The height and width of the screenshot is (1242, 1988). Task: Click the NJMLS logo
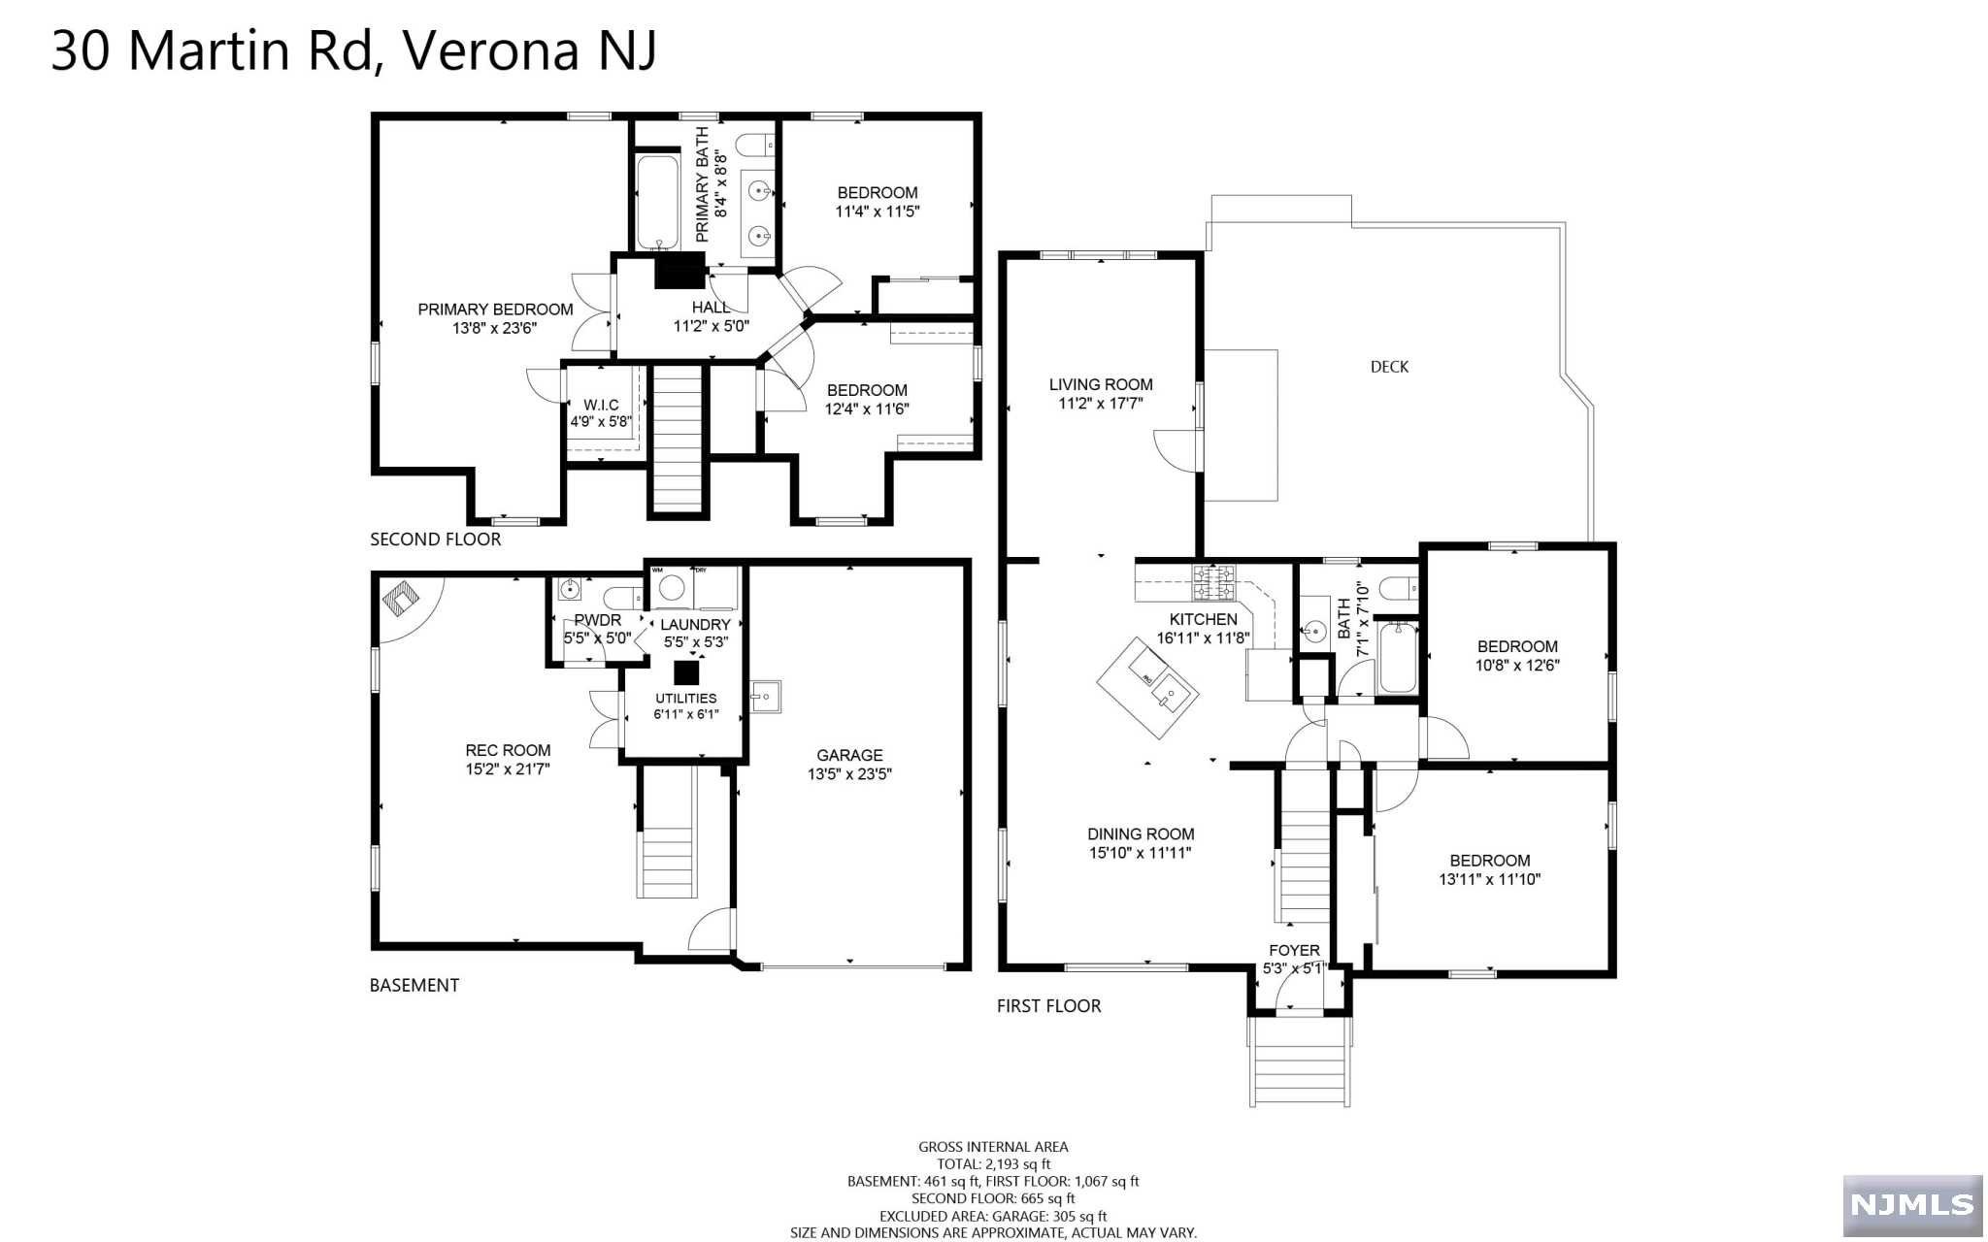click(x=1912, y=1205)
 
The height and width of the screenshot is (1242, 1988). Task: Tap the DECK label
click(x=1389, y=367)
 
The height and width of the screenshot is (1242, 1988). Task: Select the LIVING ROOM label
click(x=1101, y=384)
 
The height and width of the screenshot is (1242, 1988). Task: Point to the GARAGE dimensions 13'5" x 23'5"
click(x=849, y=774)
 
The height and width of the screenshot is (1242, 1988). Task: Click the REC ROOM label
click(x=508, y=750)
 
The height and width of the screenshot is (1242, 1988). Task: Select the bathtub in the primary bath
click(x=659, y=201)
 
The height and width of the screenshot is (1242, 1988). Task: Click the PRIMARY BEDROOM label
click(x=495, y=310)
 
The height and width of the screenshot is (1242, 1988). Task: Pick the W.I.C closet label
click(x=601, y=405)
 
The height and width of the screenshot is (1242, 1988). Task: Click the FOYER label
click(x=1294, y=951)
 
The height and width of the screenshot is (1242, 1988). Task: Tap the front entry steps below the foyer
click(x=1300, y=1062)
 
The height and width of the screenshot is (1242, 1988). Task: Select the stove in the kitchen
click(x=1214, y=581)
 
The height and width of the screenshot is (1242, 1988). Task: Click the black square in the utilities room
click(x=686, y=671)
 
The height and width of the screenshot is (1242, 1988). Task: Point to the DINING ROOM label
click(x=1141, y=833)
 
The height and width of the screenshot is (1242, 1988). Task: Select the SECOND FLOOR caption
click(x=436, y=539)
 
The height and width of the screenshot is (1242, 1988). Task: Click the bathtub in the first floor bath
click(x=1398, y=657)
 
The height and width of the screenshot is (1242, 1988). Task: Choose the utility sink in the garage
click(x=765, y=697)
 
